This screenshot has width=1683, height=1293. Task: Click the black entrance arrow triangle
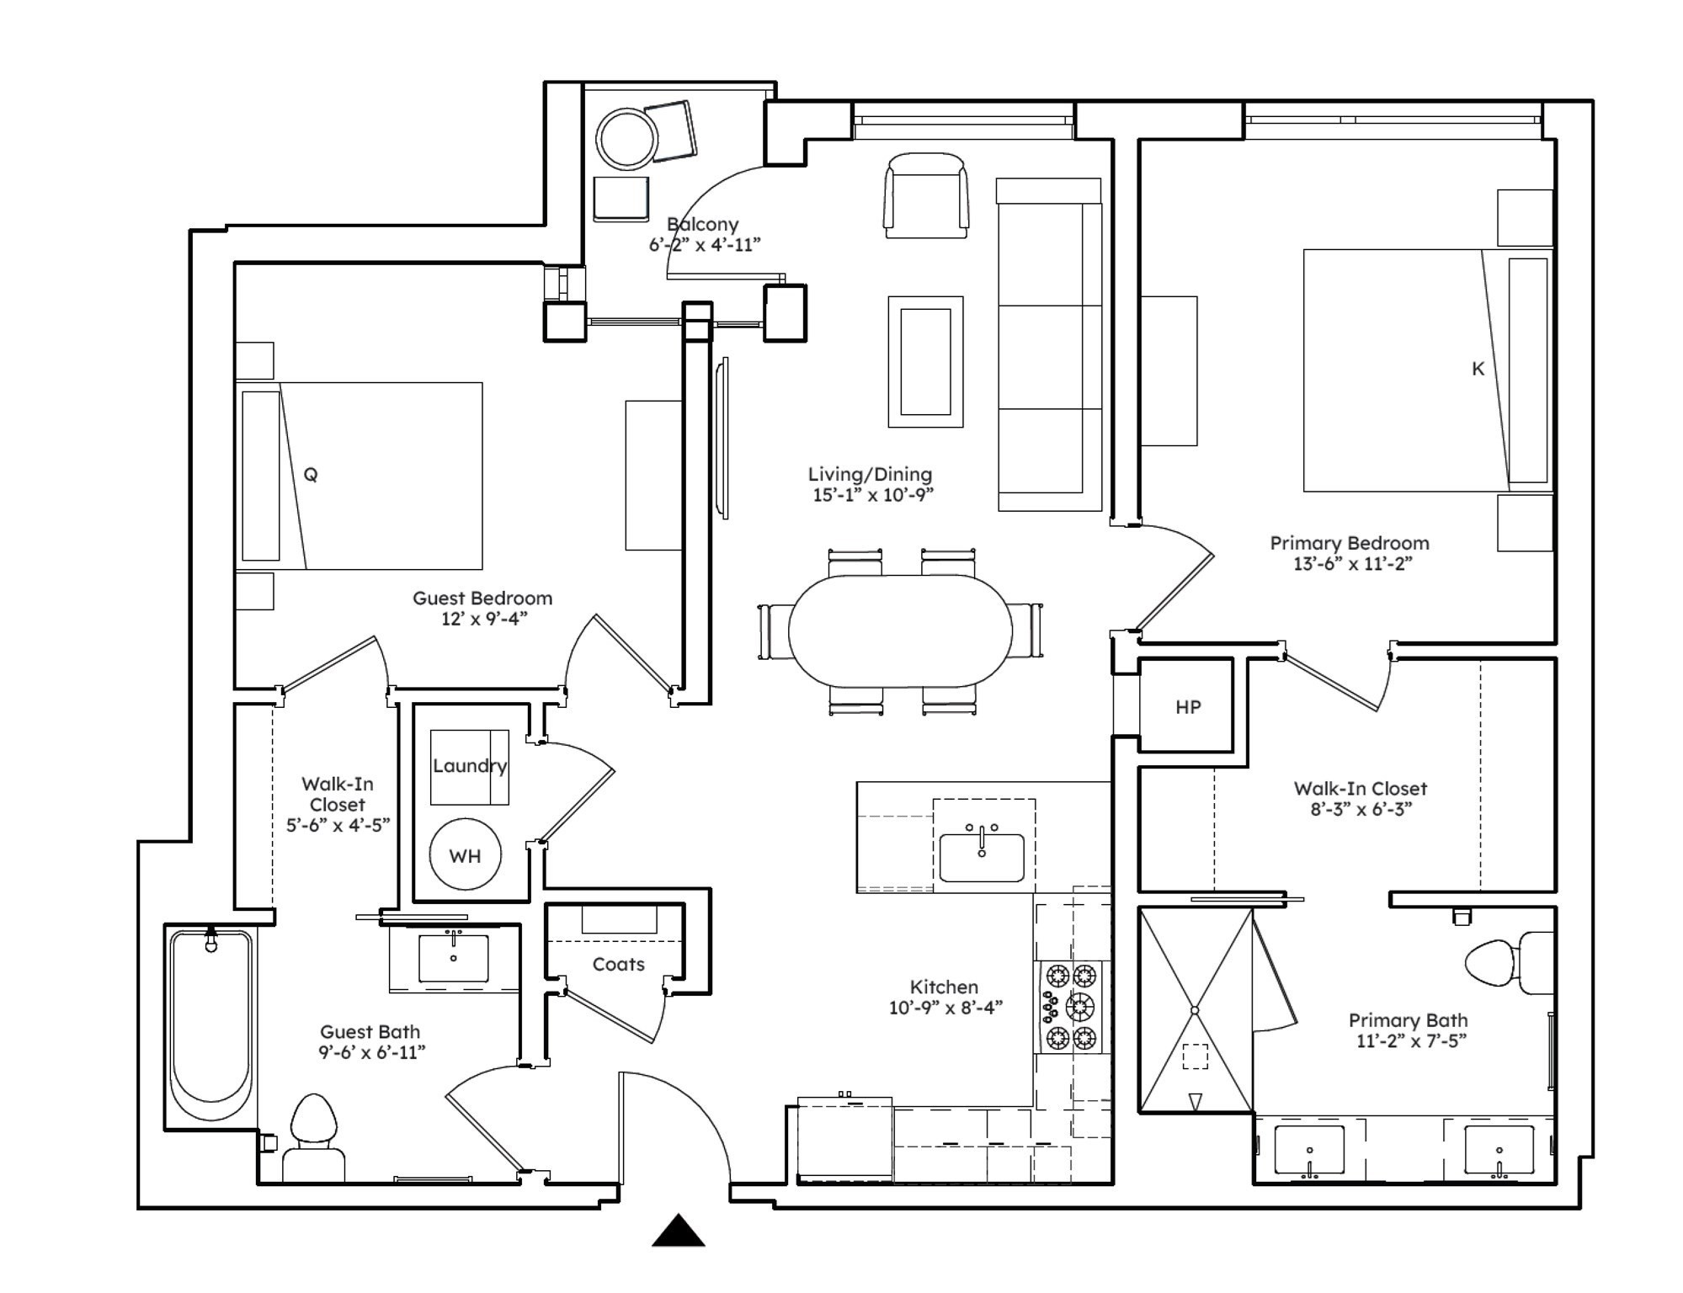click(678, 1231)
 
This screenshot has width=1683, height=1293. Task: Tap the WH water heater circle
click(465, 855)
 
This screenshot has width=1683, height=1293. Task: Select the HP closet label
click(1187, 707)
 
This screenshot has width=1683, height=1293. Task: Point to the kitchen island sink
click(982, 856)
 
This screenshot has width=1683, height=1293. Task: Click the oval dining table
click(900, 631)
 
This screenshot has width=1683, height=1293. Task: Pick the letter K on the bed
click(1478, 369)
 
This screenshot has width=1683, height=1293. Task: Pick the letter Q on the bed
click(311, 475)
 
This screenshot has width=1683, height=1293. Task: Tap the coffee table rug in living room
click(925, 362)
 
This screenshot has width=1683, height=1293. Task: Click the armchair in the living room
click(925, 195)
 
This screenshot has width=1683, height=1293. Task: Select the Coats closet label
click(618, 965)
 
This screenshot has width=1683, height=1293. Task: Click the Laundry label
click(469, 766)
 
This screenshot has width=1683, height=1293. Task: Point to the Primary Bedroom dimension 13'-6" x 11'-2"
click(1352, 564)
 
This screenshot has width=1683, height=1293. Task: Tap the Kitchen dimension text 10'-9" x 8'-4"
click(945, 1008)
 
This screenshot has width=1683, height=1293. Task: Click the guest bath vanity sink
click(454, 959)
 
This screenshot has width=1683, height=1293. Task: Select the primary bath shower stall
click(1195, 1010)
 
